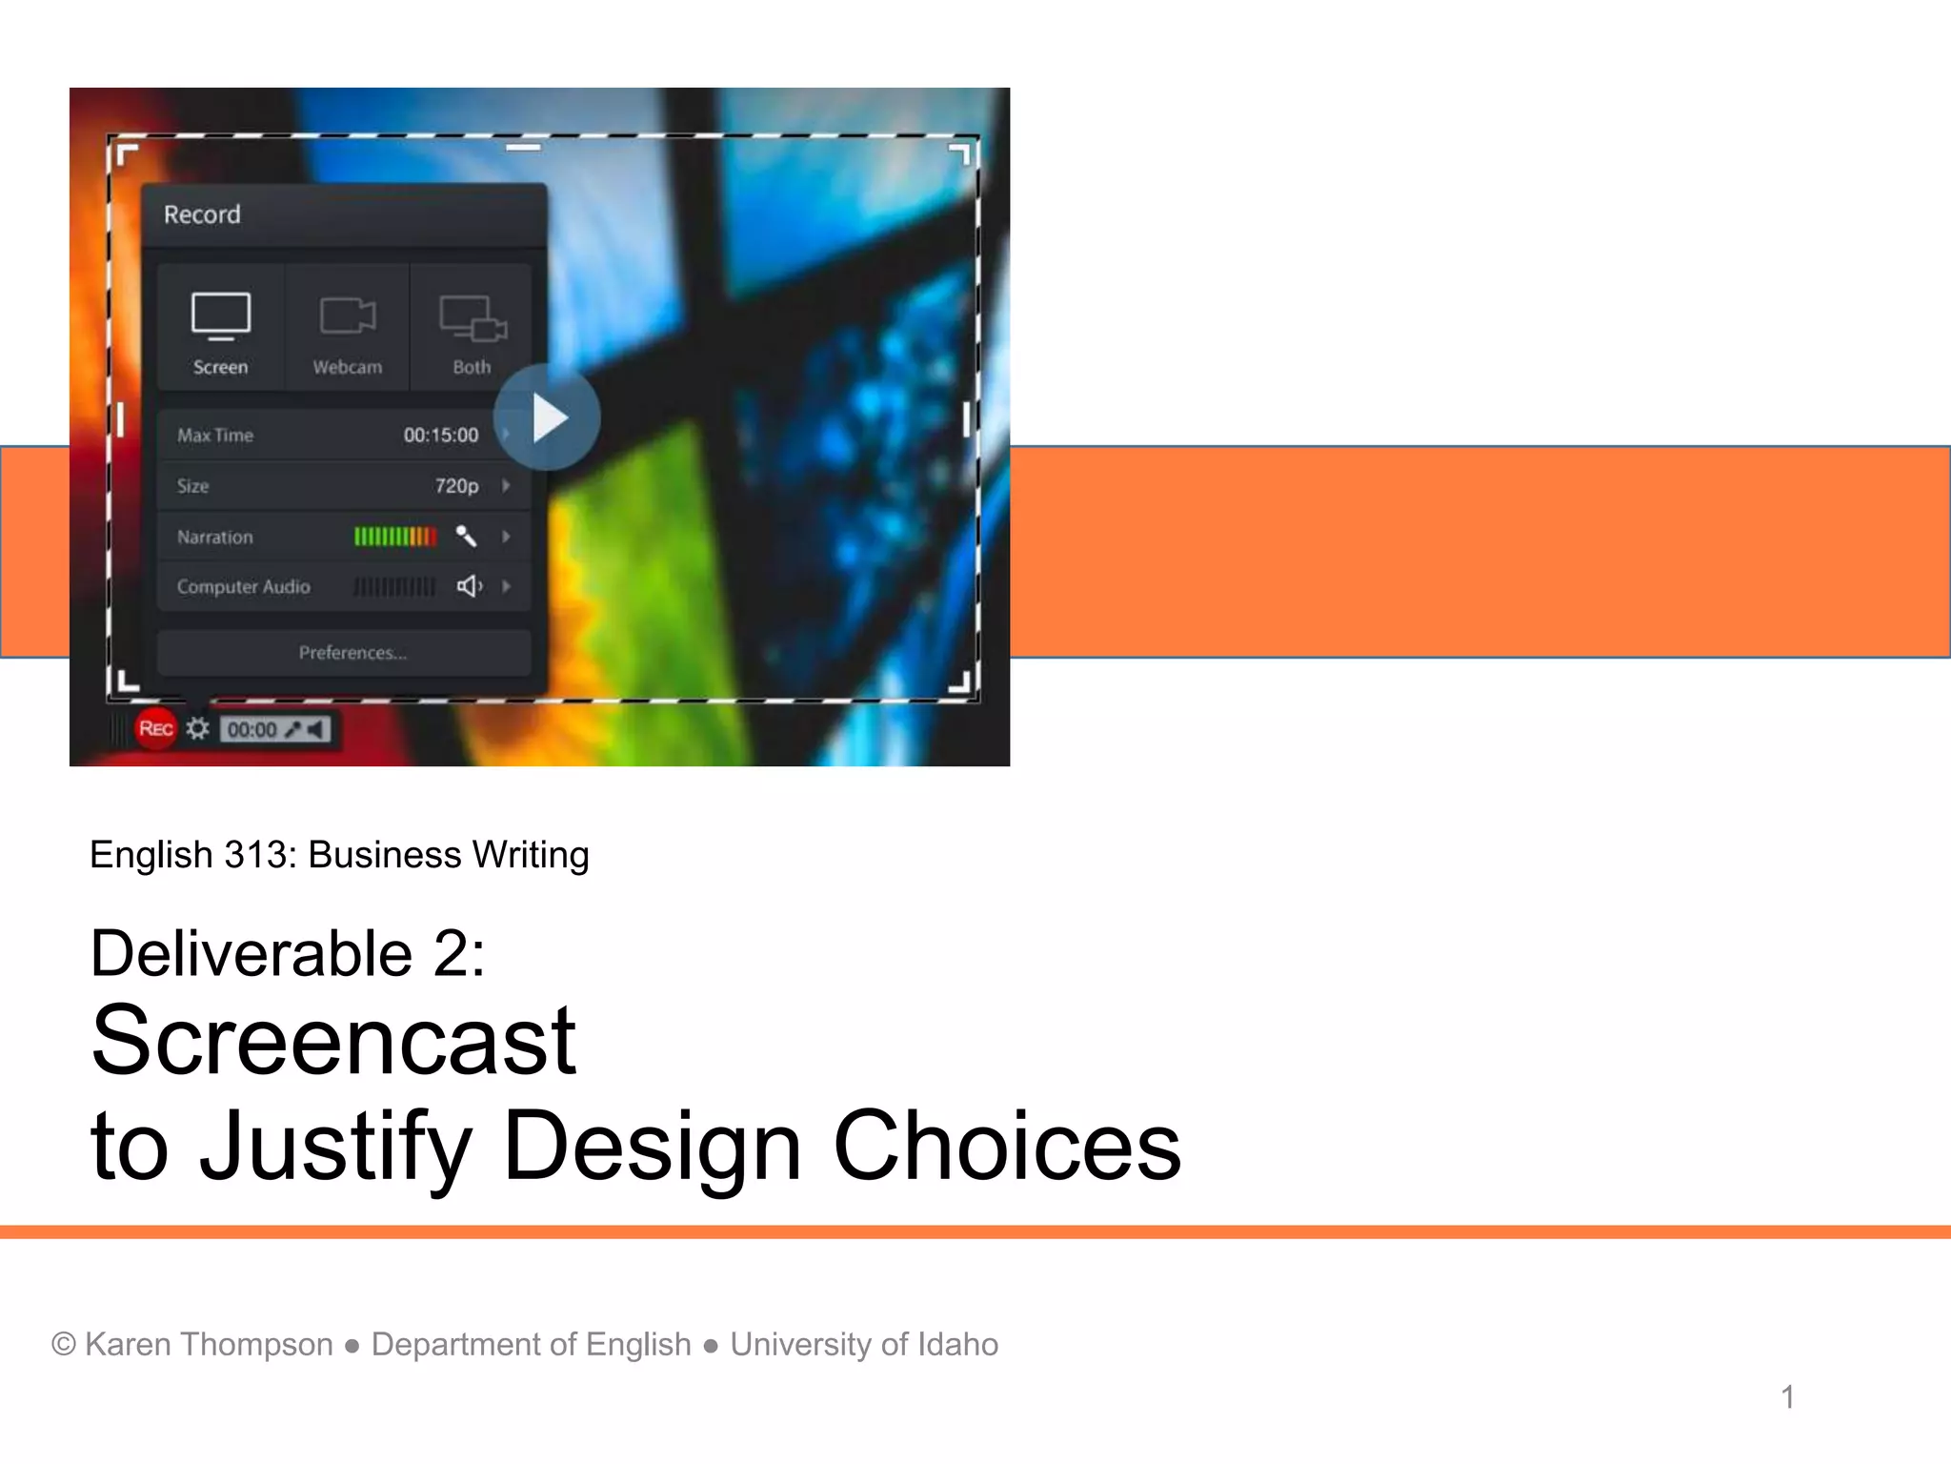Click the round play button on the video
547,417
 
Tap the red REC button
155,729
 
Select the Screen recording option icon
220,316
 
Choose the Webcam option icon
347,316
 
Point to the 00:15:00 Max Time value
441,436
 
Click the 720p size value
456,486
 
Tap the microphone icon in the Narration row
466,537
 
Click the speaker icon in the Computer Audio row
469,586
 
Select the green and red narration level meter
395,537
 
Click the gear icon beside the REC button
197,729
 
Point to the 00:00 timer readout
251,730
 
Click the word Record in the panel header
202,214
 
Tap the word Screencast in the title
333,1041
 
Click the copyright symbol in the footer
64,1344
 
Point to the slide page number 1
1787,1397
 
